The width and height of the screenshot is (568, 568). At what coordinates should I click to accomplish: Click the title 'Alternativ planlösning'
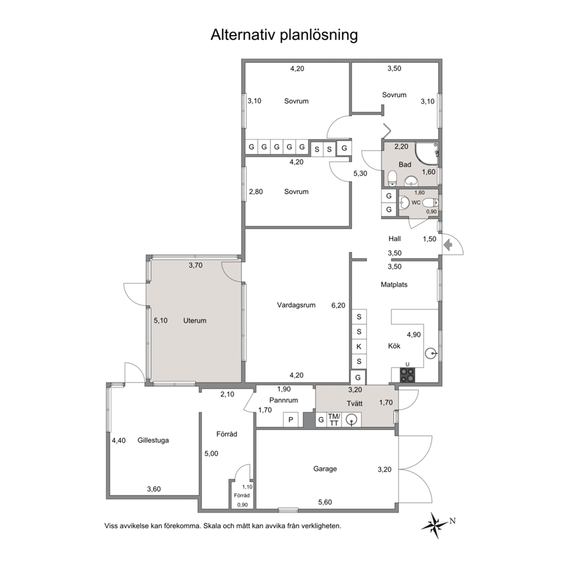284,35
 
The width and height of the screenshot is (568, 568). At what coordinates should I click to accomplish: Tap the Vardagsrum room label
296,305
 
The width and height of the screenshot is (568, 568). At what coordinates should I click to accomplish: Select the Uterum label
195,321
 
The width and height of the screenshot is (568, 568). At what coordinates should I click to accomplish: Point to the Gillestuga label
153,440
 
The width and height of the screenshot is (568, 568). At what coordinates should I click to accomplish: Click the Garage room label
325,469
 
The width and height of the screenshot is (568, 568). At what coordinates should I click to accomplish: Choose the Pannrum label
283,400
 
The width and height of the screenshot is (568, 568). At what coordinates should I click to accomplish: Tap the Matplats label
394,285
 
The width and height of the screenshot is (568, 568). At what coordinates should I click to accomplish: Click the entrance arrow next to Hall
448,245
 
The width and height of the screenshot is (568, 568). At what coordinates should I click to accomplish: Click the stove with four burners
408,375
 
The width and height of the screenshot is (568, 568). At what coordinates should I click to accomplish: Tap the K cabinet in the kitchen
359,346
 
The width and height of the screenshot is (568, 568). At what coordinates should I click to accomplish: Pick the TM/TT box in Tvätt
334,420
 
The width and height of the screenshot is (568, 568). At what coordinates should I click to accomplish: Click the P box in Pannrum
290,420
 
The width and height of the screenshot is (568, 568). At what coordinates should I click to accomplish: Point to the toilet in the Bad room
392,178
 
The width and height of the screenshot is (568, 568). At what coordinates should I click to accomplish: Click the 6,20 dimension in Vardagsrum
338,305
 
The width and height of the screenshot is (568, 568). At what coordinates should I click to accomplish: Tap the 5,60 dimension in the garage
325,502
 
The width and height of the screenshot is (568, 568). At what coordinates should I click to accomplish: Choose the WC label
416,203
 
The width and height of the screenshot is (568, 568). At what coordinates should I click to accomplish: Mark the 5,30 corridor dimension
360,173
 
